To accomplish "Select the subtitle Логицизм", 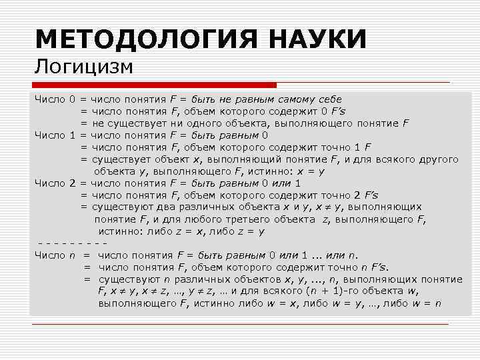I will pos(85,67).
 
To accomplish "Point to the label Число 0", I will pos(55,99).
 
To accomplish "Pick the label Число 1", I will pos(55,135).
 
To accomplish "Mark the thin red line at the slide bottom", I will pos(240,325).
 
